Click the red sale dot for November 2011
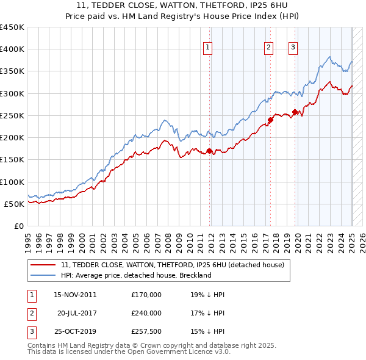click(x=209, y=151)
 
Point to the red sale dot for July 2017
click(x=270, y=120)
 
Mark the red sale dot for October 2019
click(x=295, y=112)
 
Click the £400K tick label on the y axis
click(x=12, y=49)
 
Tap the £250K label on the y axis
click(x=12, y=115)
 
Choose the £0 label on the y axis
click(x=19, y=226)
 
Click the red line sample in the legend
click(x=43, y=265)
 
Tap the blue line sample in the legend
click(x=43, y=275)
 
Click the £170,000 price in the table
click(x=146, y=295)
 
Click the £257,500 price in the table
click(x=146, y=331)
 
